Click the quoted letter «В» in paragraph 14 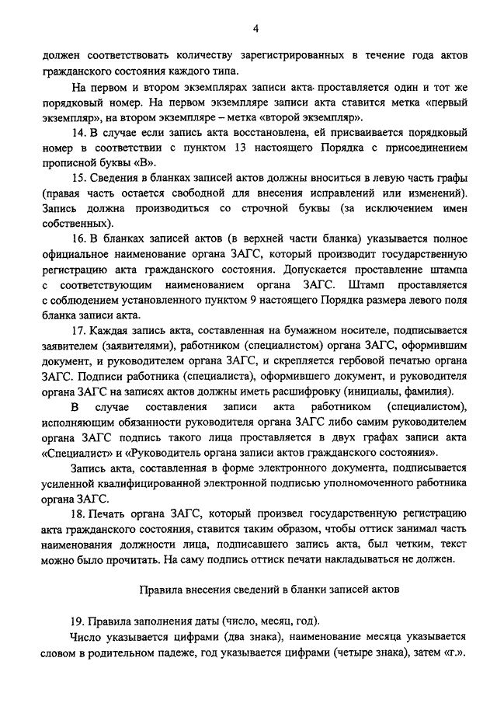pos(144,164)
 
